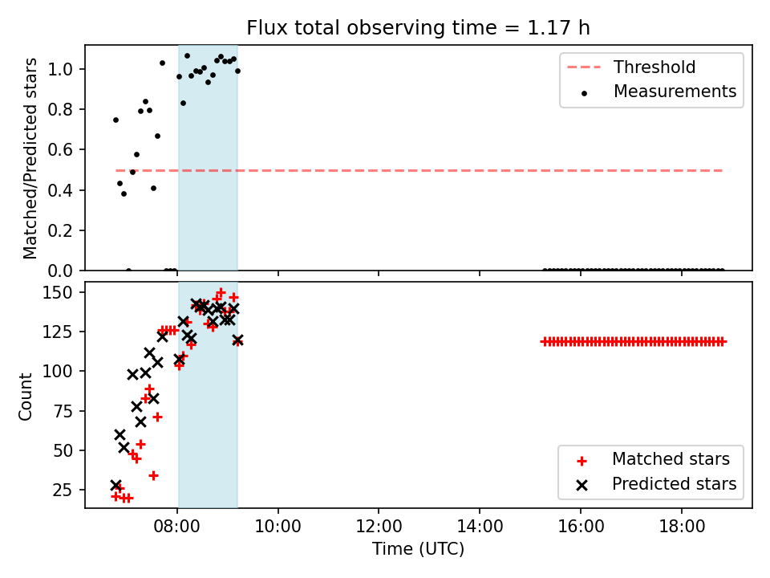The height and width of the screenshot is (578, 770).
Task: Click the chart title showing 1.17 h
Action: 418,28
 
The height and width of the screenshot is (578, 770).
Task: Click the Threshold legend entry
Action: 631,67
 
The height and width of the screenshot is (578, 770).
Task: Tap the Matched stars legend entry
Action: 652,459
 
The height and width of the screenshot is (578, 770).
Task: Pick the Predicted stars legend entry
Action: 656,484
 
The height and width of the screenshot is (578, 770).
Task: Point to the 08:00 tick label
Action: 176,527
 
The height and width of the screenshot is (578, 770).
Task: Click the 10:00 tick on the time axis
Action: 278,527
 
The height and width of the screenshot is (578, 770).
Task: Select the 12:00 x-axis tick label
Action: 379,527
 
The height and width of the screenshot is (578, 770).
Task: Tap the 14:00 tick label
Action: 480,527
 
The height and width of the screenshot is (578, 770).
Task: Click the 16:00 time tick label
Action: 581,527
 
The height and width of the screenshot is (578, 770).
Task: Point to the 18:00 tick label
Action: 682,527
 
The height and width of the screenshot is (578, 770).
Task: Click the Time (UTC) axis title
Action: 418,548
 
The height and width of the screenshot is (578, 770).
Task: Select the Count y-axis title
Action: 25,396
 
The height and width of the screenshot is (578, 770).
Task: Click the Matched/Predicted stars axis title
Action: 30,158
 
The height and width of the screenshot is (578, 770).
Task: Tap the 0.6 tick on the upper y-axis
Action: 60,150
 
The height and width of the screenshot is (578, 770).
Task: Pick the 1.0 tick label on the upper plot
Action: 60,69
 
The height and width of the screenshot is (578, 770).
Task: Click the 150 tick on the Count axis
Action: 58,292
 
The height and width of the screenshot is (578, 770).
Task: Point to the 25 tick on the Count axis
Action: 63,490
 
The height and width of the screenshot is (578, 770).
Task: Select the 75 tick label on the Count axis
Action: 63,411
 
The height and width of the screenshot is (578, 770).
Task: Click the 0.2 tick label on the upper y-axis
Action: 60,230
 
